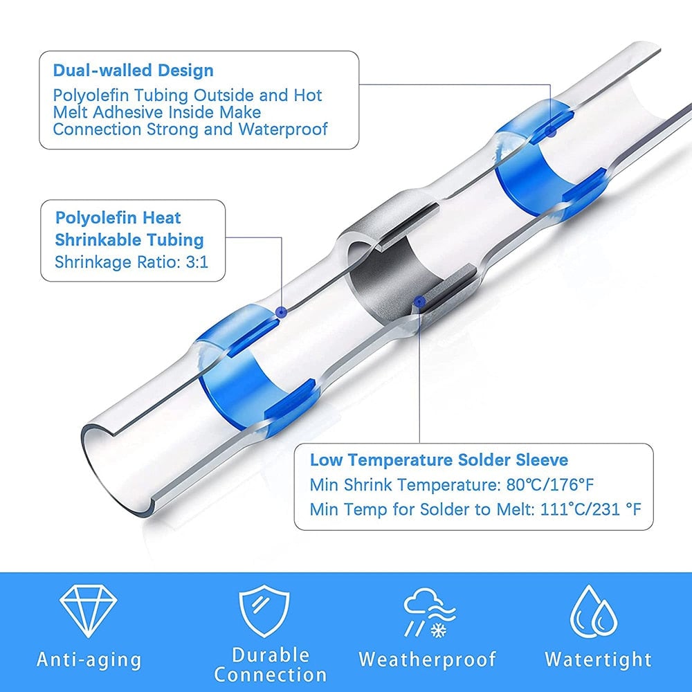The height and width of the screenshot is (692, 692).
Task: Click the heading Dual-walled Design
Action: pyautogui.click(x=133, y=71)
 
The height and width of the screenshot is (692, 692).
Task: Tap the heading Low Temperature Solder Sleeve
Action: pyautogui.click(x=439, y=460)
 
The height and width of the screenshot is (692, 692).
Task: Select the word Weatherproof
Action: pyautogui.click(x=427, y=659)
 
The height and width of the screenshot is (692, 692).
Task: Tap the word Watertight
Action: pyautogui.click(x=598, y=659)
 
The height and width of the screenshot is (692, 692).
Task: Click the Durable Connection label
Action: pyautogui.click(x=271, y=664)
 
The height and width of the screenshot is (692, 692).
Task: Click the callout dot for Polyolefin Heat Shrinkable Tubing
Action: pyautogui.click(x=281, y=313)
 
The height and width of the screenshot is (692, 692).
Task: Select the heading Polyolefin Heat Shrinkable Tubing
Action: pyautogui.click(x=129, y=229)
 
